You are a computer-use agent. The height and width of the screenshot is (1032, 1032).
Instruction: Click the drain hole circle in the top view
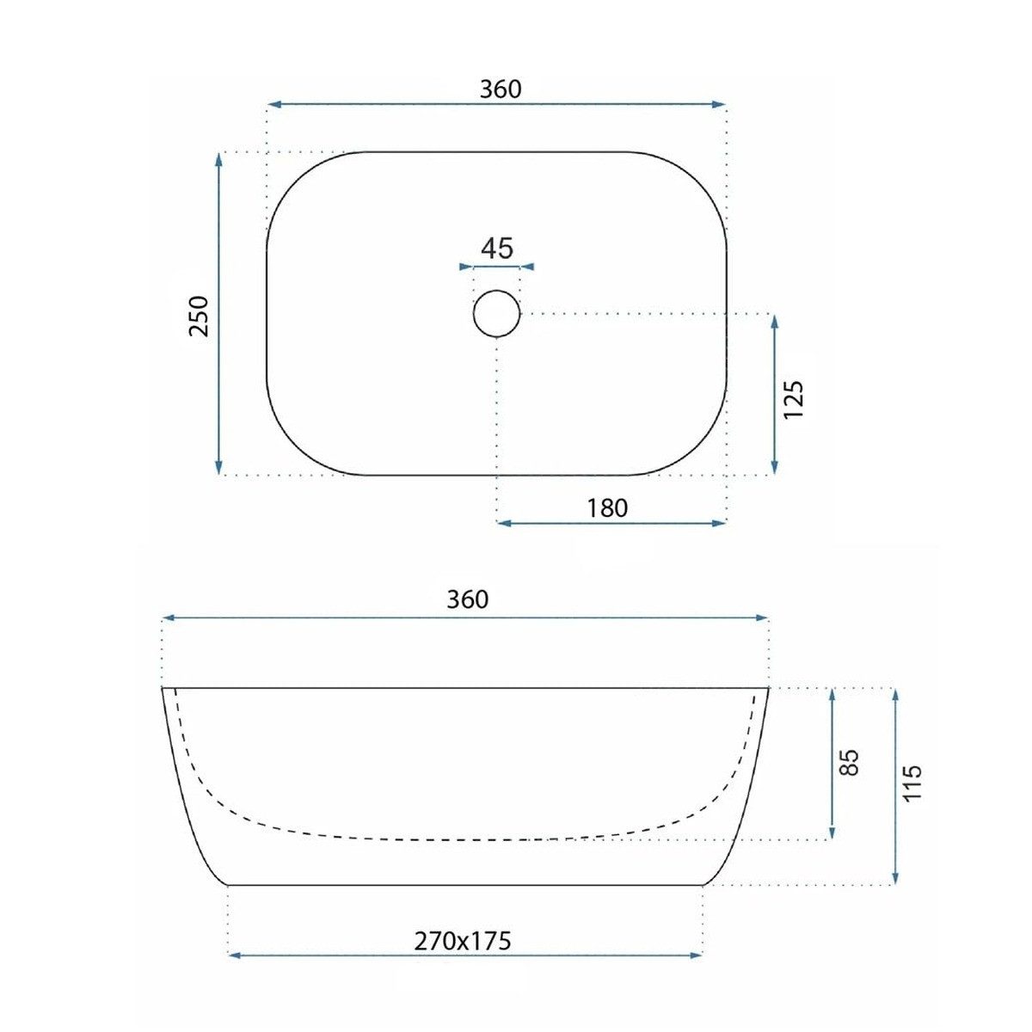[496, 314]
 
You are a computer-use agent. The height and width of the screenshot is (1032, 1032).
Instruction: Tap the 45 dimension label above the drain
[496, 249]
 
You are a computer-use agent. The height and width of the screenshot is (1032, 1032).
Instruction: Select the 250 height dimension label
[199, 316]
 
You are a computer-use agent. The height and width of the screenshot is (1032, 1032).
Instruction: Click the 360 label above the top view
[501, 89]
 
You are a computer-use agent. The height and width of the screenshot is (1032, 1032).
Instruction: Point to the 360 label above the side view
[467, 599]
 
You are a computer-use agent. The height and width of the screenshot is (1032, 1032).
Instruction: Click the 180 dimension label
[607, 507]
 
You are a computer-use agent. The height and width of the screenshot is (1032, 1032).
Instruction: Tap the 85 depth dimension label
[849, 762]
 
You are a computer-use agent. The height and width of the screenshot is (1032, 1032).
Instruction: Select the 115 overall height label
[912, 783]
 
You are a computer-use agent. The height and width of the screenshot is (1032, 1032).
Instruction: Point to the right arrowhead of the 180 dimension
[722, 523]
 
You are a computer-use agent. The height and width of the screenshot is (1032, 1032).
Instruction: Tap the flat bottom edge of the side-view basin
[464, 884]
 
